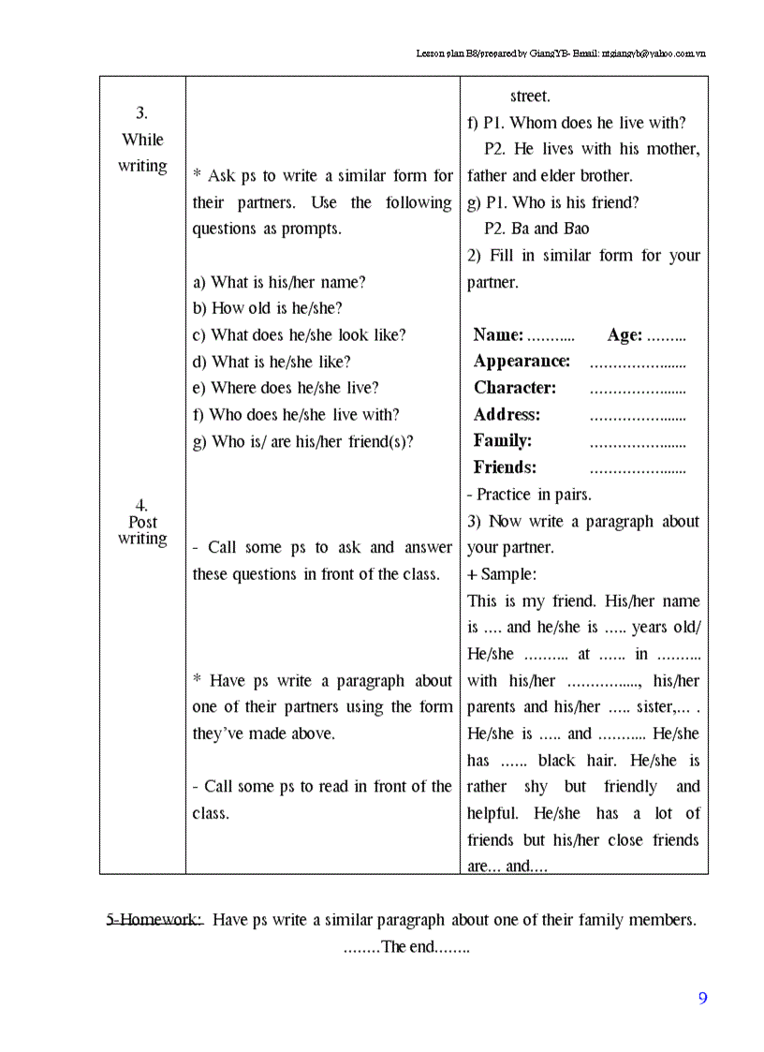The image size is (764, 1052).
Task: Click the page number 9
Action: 702,999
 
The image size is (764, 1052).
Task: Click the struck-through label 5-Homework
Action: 154,920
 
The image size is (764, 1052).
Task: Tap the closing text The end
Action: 406,947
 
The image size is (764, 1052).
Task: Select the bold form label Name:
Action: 498,335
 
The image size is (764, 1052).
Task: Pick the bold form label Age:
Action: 624,335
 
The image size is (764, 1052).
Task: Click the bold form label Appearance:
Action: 522,362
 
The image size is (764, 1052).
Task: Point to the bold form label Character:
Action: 515,388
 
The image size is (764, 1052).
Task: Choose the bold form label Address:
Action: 507,414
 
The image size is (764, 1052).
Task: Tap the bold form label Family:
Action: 503,440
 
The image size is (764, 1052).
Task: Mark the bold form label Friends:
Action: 505,467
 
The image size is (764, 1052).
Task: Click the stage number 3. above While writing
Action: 141,113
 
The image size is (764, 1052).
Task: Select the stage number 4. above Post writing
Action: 141,506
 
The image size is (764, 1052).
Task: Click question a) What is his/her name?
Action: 279,282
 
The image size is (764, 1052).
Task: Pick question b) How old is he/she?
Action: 268,308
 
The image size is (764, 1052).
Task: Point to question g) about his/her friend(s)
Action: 302,441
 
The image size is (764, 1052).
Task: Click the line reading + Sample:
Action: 502,574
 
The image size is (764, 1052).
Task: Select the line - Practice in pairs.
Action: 529,495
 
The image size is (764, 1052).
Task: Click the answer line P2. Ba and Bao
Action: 536,229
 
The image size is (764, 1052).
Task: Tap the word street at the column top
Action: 530,96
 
